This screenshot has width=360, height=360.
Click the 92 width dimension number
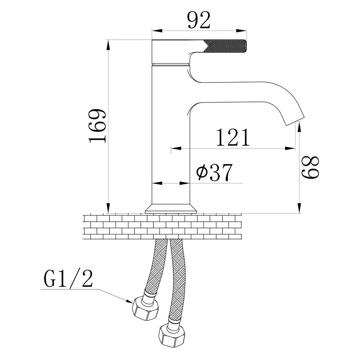199,20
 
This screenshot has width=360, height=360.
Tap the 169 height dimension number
98,126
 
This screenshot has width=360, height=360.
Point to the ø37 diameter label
215,172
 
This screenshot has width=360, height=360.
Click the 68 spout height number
310,168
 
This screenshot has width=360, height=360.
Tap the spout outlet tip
295,121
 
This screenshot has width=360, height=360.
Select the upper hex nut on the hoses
145,308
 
